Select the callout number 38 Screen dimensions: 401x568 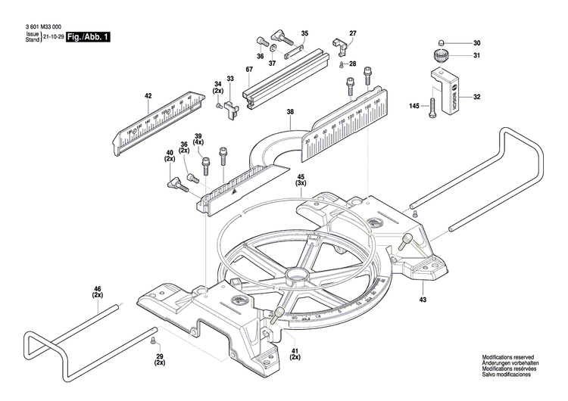coord(289,112)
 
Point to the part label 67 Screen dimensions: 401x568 coord(248,70)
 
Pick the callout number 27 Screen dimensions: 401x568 coord(352,33)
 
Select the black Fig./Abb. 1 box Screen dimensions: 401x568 coord(88,36)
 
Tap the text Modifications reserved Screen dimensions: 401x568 coord(513,357)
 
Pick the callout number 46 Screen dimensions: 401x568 coord(97,288)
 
